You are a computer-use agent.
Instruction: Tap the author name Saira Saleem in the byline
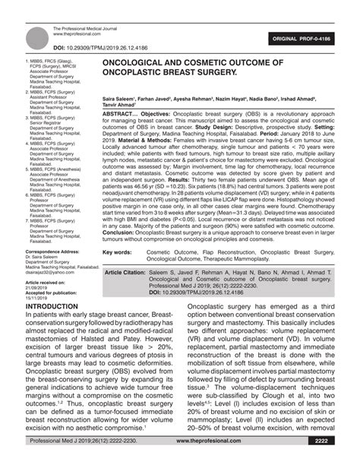pyautogui.click(x=120, y=100)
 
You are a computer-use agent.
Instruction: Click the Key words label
pyautogui.click(x=118, y=251)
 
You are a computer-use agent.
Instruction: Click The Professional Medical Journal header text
pyautogui.click(x=84, y=28)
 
